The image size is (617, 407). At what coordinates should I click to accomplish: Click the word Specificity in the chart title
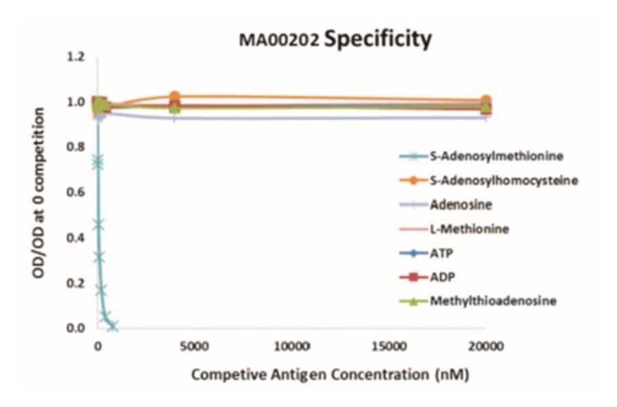click(x=378, y=39)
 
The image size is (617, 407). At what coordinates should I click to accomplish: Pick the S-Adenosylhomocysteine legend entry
click(x=503, y=180)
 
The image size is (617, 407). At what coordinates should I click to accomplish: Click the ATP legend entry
click(x=441, y=253)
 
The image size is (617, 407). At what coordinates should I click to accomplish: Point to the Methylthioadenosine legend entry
click(x=492, y=301)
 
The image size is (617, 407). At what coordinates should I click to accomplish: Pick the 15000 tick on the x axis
click(x=389, y=347)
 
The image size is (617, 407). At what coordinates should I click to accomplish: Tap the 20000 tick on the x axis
click(x=486, y=347)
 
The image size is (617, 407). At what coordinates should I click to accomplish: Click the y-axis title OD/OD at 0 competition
click(x=40, y=193)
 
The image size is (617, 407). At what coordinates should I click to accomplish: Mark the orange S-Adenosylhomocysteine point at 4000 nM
click(x=175, y=97)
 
